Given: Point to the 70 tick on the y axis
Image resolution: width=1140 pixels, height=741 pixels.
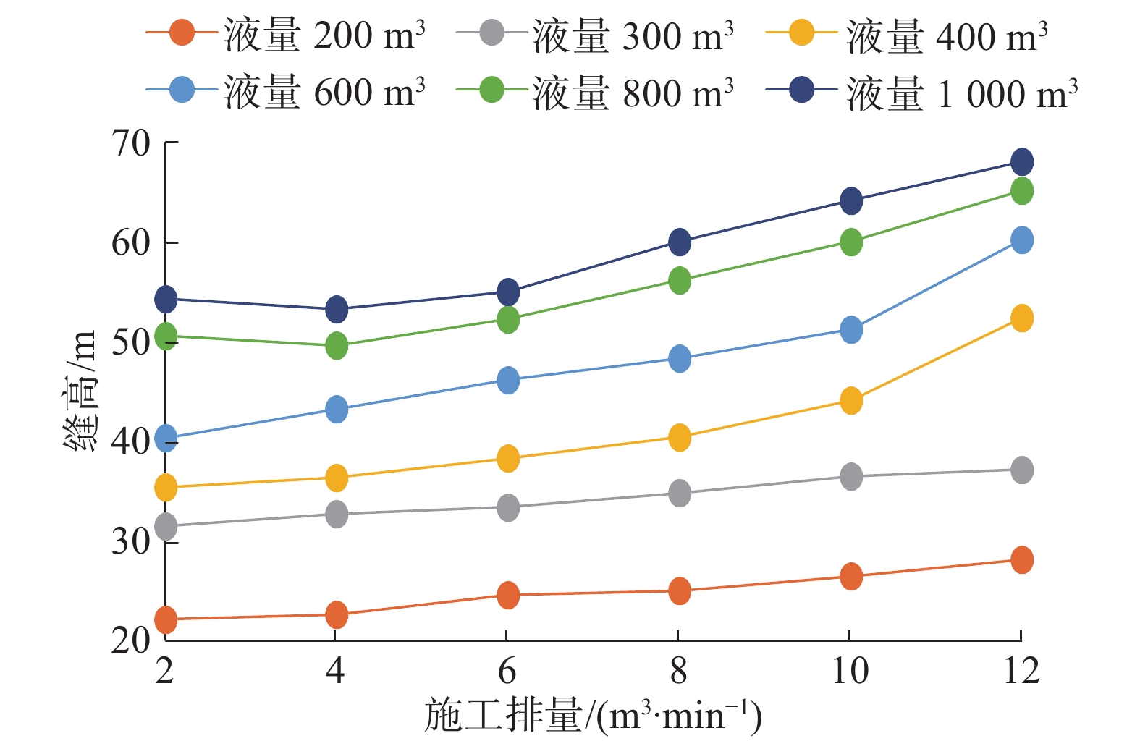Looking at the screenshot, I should tap(131, 143).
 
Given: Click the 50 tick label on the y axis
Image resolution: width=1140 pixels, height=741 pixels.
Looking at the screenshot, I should tap(131, 342).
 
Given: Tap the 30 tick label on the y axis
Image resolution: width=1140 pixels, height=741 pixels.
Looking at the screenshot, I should tap(131, 540).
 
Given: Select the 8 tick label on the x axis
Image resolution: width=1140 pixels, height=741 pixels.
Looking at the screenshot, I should tap(678, 671).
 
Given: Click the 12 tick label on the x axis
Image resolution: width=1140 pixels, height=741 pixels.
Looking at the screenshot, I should tap(1021, 671).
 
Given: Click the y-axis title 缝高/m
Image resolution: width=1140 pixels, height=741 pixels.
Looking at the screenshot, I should tap(80, 391).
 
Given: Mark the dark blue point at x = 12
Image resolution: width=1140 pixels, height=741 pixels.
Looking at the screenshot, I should tap(1021, 162).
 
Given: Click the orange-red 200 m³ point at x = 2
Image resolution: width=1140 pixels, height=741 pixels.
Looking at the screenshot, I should tap(166, 619).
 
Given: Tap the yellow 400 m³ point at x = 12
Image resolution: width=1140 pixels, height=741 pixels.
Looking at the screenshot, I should tap(1021, 318).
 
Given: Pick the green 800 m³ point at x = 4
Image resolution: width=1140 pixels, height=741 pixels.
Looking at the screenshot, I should tap(337, 346).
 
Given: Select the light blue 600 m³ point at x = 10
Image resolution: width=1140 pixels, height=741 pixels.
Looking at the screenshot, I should tap(851, 330).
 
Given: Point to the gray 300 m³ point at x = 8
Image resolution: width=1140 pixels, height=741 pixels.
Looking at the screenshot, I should tap(680, 494).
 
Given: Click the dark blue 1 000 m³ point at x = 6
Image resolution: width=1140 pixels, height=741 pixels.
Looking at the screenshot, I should tap(508, 292).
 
